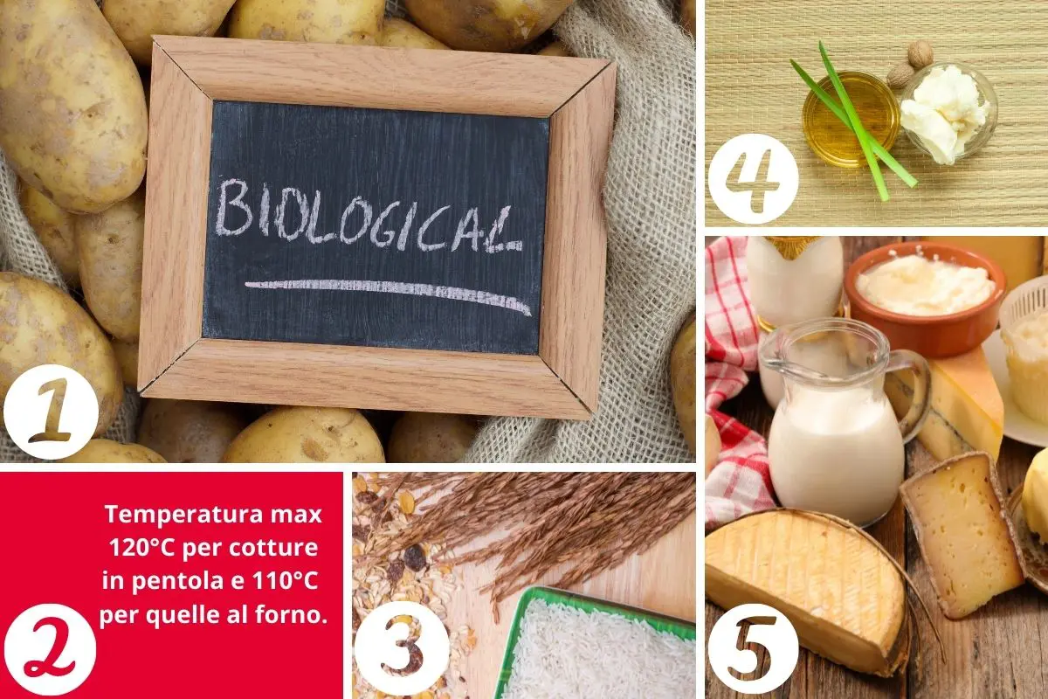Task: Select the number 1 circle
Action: coord(51,412)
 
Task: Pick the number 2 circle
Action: coord(50,649)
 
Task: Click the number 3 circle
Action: coord(402,647)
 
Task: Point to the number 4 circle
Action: coord(753,178)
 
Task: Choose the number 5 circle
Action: coord(753,648)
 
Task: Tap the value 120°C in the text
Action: coord(141,547)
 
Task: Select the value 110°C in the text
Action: coord(285,580)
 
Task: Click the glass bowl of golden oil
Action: coord(851,119)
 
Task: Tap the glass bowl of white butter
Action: coord(948,114)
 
